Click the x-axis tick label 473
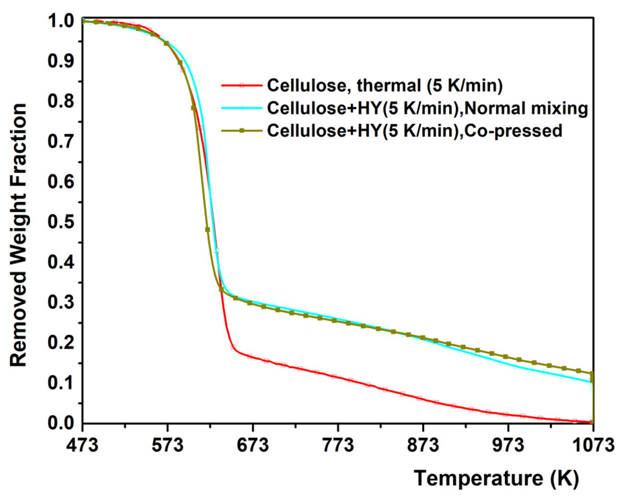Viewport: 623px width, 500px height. click(x=82, y=445)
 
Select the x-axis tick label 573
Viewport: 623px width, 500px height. click(x=168, y=445)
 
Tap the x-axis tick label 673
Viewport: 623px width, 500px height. click(x=253, y=445)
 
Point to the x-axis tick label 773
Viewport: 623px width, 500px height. click(x=338, y=445)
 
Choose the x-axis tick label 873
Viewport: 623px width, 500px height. click(x=423, y=445)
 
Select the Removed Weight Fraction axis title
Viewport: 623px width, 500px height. click(x=19, y=236)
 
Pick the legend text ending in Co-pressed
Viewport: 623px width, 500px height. click(x=415, y=131)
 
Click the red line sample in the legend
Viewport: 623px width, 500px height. click(x=241, y=85)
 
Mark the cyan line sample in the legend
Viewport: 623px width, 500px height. click(x=241, y=108)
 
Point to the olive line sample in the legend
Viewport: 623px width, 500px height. click(x=241, y=131)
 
